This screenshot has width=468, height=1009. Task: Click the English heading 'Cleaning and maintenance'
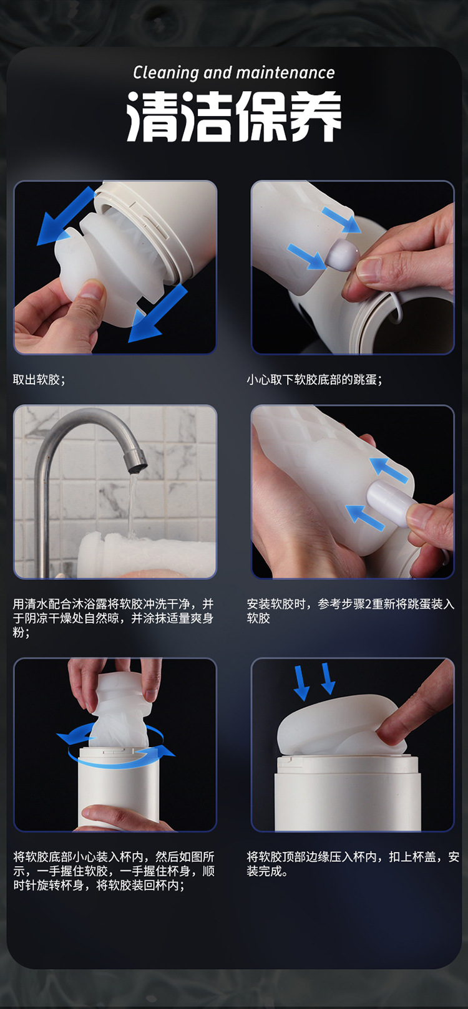[233, 72]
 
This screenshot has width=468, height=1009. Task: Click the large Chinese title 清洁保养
[233, 116]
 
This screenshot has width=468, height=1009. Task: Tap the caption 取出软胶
[39, 380]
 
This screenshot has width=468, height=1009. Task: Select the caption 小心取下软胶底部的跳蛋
[314, 380]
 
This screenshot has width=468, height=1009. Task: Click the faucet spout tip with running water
[135, 463]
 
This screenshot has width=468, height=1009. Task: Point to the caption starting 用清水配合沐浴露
[113, 618]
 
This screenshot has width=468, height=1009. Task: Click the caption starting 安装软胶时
[350, 611]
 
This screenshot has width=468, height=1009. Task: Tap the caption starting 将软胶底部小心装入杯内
[114, 871]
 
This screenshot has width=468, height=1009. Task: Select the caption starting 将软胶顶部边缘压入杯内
[353, 864]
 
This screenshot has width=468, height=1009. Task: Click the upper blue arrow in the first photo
[66, 216]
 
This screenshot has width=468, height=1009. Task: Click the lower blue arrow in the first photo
[158, 314]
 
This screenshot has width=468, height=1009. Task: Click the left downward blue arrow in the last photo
[301, 683]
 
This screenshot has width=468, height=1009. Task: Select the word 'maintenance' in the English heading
[286, 72]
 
